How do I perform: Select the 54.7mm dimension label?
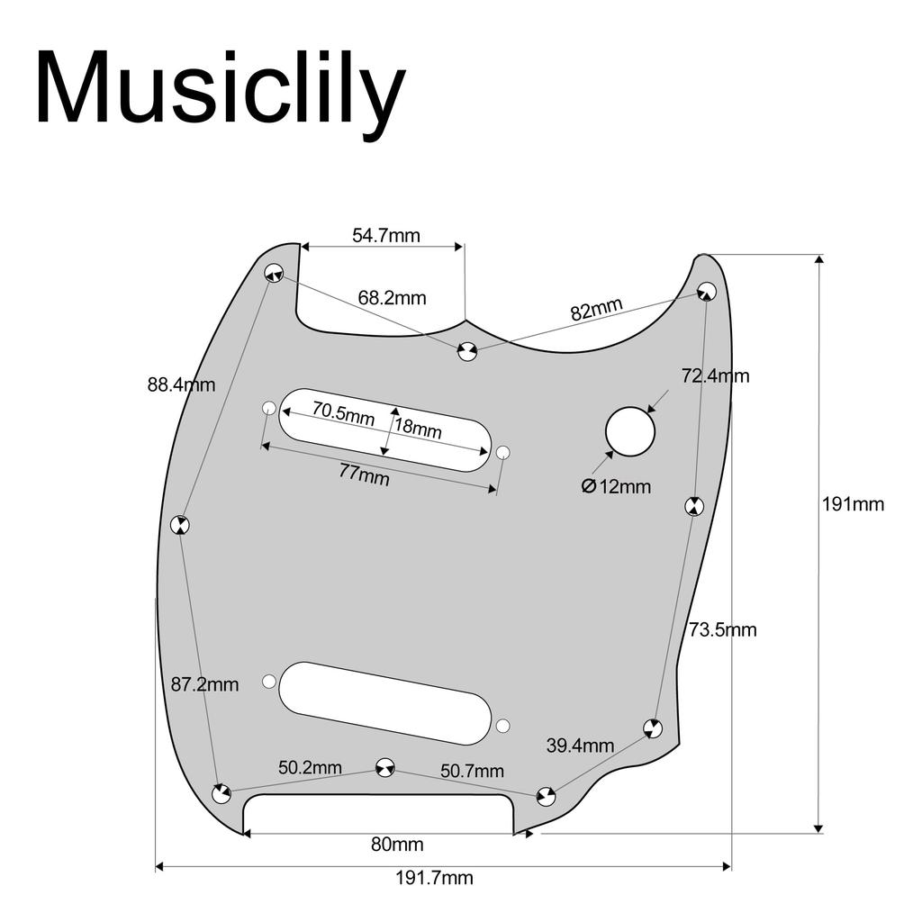point(385,236)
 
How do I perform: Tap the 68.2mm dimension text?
point(392,297)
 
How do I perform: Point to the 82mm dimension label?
point(596,311)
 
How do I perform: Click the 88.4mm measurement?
point(182,384)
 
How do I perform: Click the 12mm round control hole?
point(630,431)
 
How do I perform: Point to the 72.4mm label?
point(715,375)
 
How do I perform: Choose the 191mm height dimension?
point(853,504)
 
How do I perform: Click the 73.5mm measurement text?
point(723,629)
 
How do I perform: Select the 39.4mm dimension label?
point(580,746)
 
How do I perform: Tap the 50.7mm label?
point(472,771)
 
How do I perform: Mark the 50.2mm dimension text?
point(310,768)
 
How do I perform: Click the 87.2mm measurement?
point(205,684)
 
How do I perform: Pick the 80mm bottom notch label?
point(397,845)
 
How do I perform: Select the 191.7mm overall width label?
point(435,878)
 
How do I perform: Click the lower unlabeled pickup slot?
point(385,702)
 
